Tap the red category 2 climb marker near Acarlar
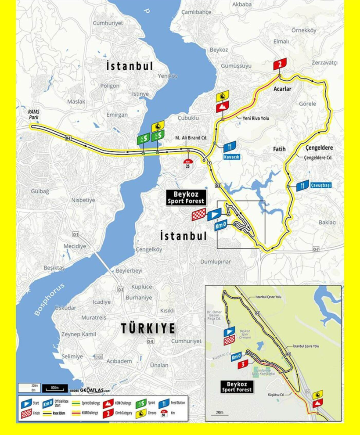[278, 65]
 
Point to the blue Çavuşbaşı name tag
[321, 186]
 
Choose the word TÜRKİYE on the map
[148, 328]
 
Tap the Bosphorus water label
[49, 300]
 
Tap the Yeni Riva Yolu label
[255, 119]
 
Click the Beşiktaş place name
[54, 268]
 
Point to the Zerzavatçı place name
[324, 63]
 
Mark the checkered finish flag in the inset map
[228, 340]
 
